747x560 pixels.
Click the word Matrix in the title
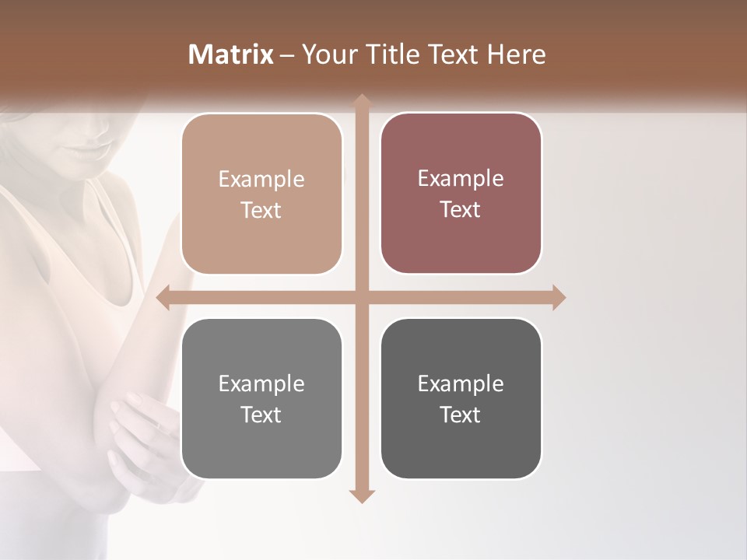coord(231,54)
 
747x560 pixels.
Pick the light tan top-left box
coord(261,194)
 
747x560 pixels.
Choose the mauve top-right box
coord(461,194)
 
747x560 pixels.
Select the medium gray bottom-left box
coord(261,398)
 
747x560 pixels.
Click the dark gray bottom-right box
coord(461,398)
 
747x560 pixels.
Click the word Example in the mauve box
coord(461,178)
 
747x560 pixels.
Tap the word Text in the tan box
coord(261,211)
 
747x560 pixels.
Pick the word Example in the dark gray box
coord(461,383)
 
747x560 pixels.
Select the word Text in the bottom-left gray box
coord(261,415)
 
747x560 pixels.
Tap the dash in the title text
coord(287,55)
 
